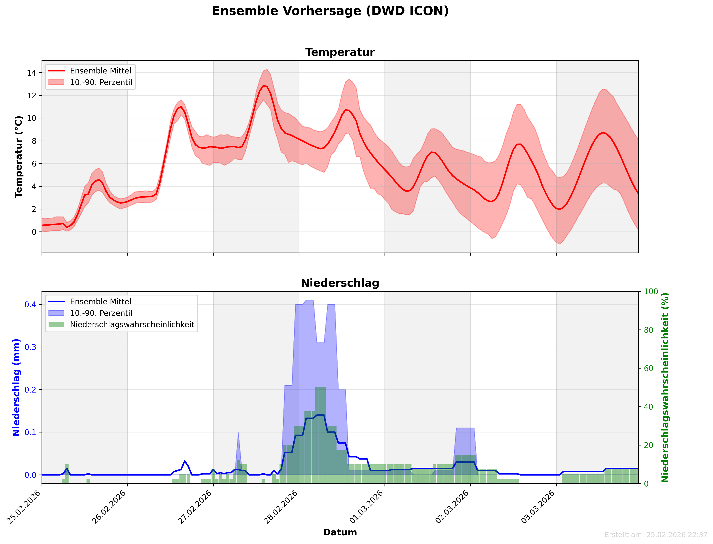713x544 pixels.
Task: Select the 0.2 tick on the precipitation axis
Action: (x=30, y=390)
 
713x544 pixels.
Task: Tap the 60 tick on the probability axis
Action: (x=648, y=369)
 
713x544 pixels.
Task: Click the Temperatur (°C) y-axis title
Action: (x=19, y=157)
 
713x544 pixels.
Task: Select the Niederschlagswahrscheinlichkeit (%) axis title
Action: (x=665, y=387)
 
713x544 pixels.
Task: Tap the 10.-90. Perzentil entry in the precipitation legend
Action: (x=101, y=313)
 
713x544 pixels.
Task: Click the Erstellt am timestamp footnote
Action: (x=656, y=535)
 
